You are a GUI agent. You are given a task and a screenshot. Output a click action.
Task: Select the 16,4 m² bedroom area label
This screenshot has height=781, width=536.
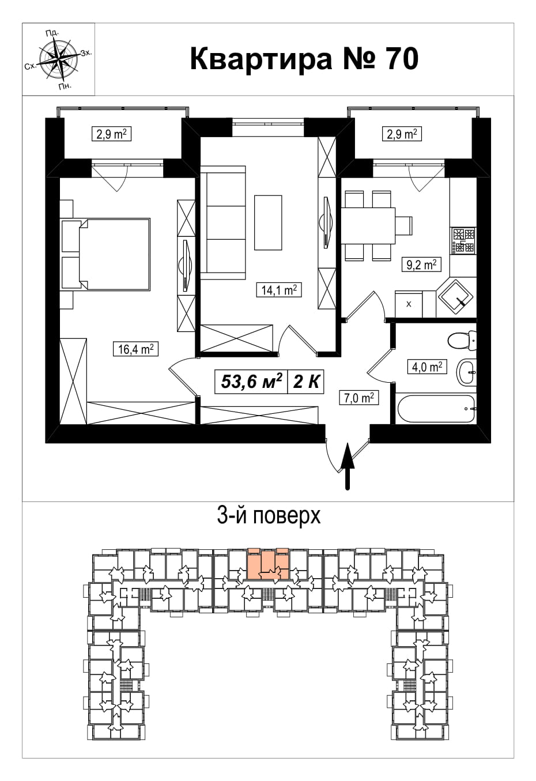(x=135, y=349)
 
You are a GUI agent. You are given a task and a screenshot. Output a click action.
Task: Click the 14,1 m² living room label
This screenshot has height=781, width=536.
(x=278, y=290)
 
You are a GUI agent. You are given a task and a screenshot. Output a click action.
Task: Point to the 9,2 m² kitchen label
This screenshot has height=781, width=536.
(x=422, y=265)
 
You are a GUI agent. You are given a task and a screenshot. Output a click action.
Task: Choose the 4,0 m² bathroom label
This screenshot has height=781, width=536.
(x=427, y=367)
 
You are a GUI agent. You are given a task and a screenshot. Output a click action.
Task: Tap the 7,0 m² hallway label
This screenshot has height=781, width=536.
(x=359, y=398)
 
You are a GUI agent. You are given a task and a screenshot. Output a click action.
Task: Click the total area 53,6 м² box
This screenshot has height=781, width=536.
(x=251, y=382)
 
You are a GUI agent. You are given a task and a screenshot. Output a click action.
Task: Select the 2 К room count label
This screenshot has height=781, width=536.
(x=306, y=382)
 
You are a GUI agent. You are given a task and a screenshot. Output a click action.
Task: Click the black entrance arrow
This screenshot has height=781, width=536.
(x=348, y=466)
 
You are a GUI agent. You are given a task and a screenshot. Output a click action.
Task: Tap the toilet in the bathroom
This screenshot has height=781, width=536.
(x=461, y=340)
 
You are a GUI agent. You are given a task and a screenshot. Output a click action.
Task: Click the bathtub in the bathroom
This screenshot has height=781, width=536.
(x=436, y=409)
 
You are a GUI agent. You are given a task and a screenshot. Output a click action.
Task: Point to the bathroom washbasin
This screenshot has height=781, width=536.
(x=467, y=372)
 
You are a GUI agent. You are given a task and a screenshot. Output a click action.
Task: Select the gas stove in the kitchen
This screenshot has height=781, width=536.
(x=463, y=240)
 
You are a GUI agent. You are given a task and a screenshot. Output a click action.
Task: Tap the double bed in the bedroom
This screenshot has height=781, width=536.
(x=106, y=254)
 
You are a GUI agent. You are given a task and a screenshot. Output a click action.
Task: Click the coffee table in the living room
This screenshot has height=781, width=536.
(x=268, y=222)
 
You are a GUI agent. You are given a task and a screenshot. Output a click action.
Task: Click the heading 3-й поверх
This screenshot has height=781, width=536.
(x=269, y=516)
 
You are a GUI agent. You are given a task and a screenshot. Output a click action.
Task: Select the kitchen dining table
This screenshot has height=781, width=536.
(x=368, y=225)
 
